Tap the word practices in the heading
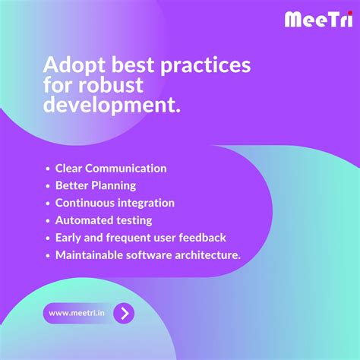(204, 65)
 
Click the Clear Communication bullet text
(111, 168)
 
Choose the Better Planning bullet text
(96, 185)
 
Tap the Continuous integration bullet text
(115, 203)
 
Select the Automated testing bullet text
(103, 220)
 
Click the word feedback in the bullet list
(202, 238)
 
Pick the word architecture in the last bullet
(207, 255)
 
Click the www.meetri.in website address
(77, 313)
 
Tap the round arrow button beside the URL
(124, 312)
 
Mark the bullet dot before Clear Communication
(48, 169)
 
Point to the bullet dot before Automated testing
(48, 221)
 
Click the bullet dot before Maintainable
(48, 256)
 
